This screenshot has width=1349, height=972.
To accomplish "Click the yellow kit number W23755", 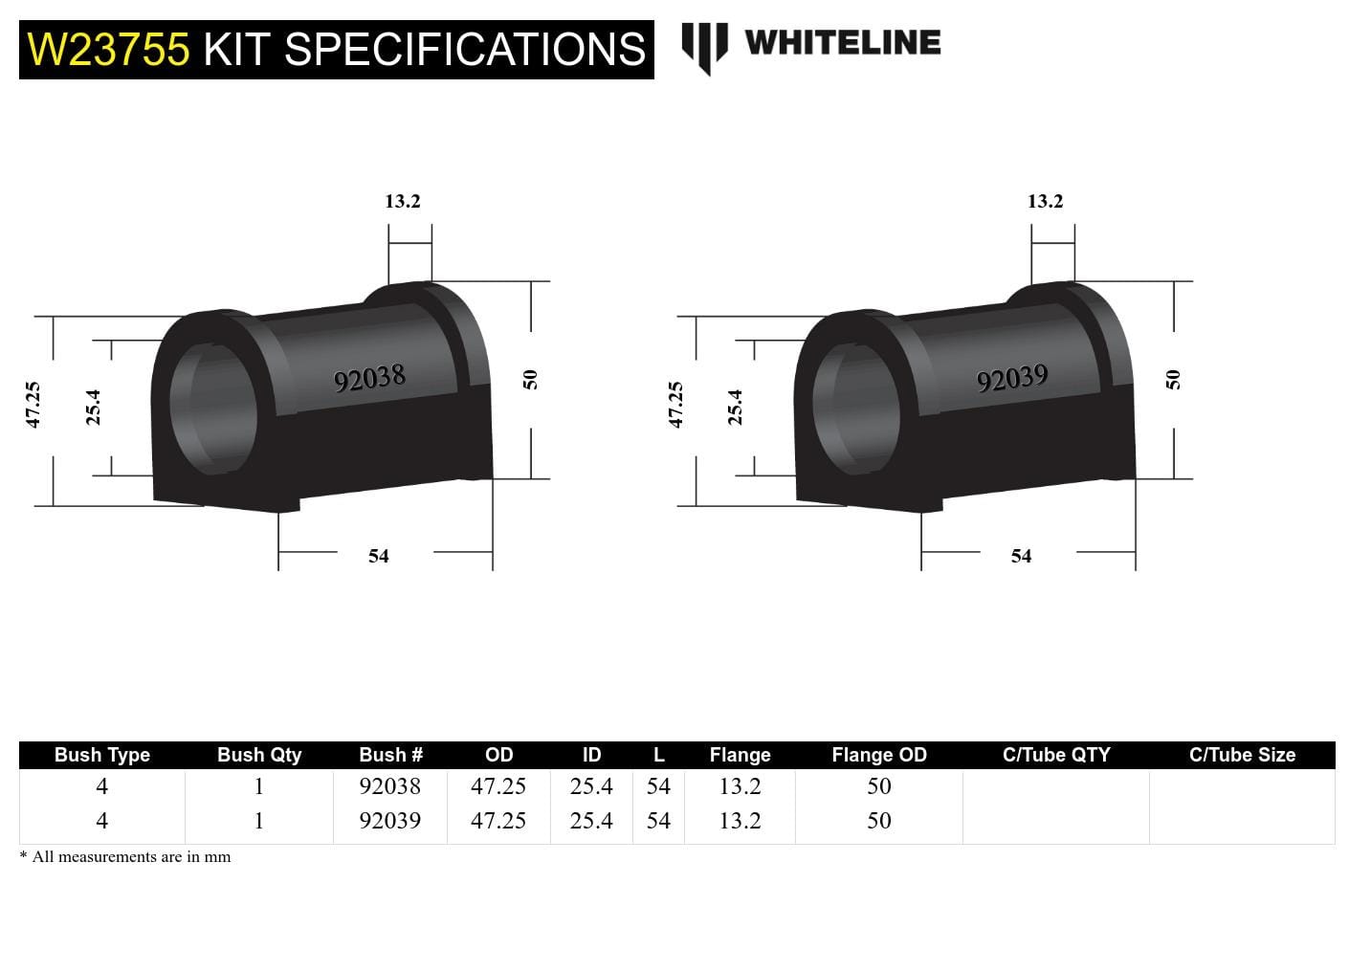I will pos(108,49).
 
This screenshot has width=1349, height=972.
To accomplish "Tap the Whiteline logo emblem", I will pos(704,46).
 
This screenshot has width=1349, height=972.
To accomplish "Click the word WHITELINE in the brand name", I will pos(842,42).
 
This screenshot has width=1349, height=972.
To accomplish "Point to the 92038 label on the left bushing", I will pos(369,378).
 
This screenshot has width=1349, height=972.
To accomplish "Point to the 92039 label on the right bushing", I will pos(1012,378).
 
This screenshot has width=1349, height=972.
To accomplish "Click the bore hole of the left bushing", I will pos(213,409).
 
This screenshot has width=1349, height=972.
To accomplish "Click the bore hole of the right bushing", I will pos(856,409).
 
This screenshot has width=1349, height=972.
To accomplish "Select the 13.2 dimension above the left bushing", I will pos(403,201).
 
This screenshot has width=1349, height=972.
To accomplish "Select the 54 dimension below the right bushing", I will pos(1021,556).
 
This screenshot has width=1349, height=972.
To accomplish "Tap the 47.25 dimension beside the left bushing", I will pos(33,405).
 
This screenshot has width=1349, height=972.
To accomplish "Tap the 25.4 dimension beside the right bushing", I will pos(735,407).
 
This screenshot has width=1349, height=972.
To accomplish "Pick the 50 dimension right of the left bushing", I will pos(531,379).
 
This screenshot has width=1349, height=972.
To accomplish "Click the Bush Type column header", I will pos(102,755).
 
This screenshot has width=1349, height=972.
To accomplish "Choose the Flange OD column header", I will pos(878,755).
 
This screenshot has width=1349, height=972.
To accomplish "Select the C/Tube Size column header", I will pos(1241,755).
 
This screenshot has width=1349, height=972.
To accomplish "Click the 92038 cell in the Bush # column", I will pos(389,786).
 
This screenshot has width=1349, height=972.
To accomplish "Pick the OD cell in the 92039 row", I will pos(498,821).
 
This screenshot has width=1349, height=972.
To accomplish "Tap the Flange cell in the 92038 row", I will pos(740,786).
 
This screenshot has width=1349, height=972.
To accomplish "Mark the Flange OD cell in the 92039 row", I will pos(878,821).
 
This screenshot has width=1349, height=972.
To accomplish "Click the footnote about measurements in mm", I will pos(125,857).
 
